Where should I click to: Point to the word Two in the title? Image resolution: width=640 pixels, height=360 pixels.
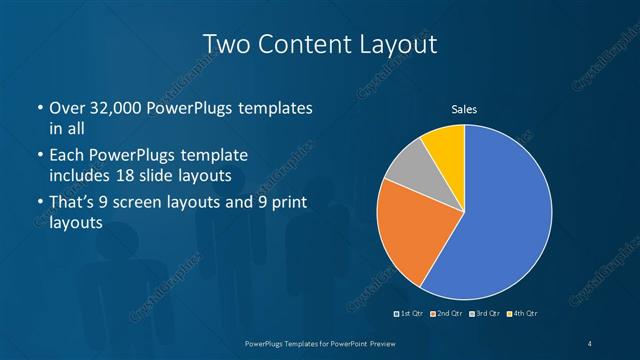tap(225, 44)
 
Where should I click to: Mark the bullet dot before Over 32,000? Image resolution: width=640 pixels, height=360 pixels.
tap(39, 108)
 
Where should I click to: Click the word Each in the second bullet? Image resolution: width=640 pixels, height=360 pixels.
tap(67, 156)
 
